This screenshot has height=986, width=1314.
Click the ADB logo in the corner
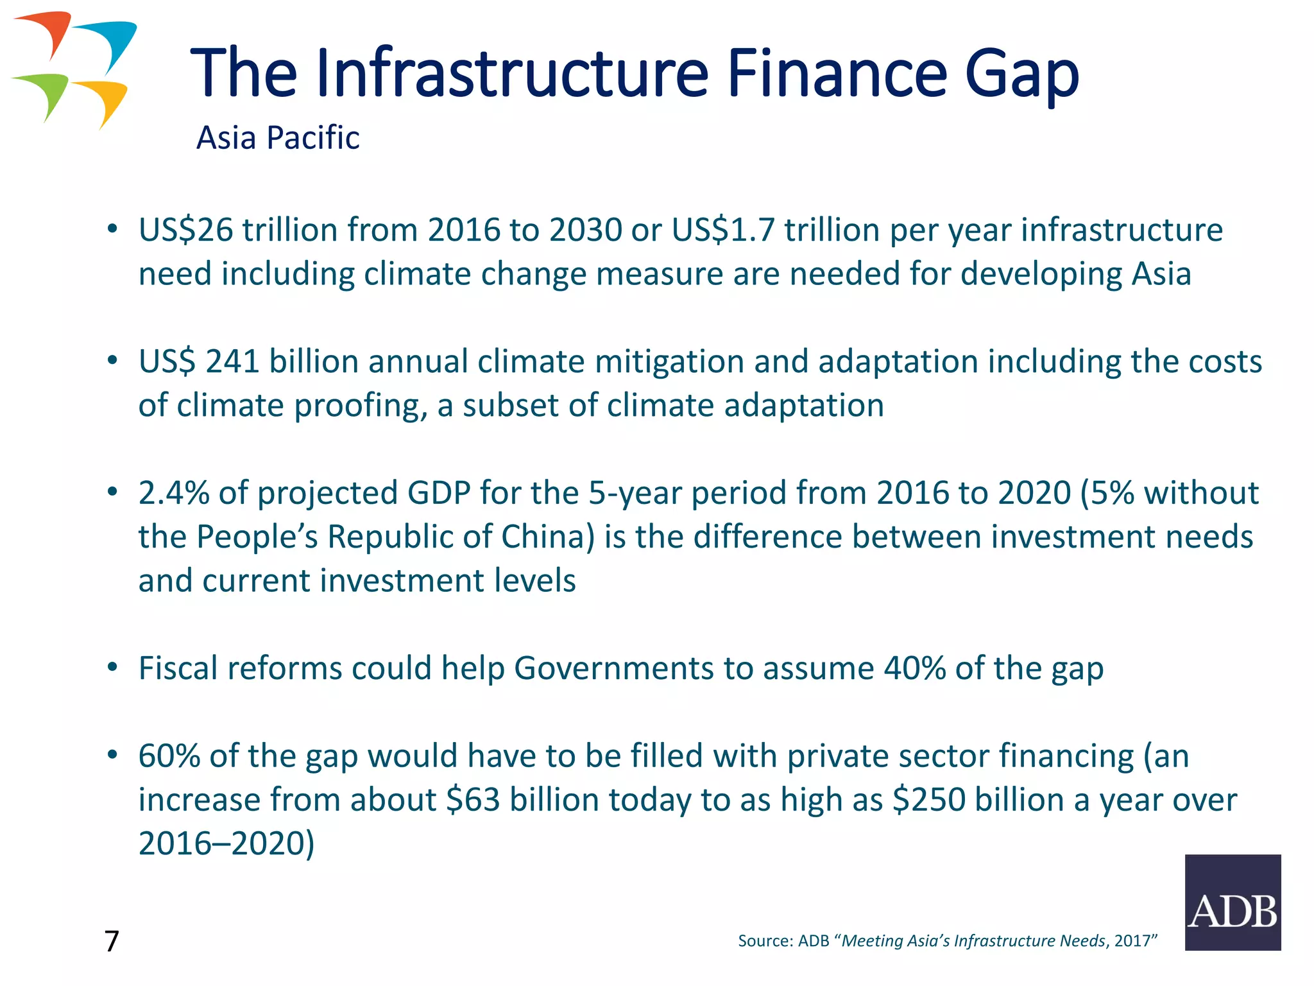1233,902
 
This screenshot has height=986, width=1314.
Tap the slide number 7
112,941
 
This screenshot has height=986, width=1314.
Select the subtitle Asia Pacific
278,137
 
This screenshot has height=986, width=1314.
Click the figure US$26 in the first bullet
185,230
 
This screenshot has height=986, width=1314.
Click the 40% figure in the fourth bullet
914,668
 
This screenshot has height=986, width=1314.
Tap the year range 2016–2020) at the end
226,843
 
